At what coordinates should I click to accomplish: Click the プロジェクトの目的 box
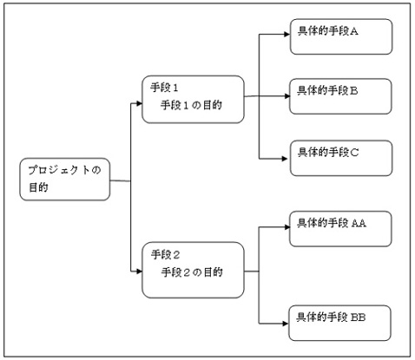click(65, 180)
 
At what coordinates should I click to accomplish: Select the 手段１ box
click(193, 100)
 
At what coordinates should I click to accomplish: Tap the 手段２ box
click(193, 270)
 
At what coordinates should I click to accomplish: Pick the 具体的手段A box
click(341, 36)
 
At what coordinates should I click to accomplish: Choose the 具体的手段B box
click(340, 96)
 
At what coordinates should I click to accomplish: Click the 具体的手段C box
click(341, 158)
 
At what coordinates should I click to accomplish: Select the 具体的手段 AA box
click(340, 229)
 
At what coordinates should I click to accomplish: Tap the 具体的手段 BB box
click(340, 324)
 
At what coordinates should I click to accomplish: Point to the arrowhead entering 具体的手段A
click(287, 35)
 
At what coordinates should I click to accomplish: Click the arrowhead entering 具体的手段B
click(287, 96)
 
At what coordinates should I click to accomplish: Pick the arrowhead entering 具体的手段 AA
click(287, 227)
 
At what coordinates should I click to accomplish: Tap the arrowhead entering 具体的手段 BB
click(286, 324)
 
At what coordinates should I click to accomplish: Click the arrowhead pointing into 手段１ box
click(139, 103)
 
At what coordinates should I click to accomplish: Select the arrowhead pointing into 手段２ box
click(139, 272)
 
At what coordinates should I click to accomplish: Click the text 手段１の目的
click(191, 105)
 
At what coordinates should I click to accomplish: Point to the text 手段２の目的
click(192, 272)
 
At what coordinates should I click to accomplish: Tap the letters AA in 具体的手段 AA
click(359, 223)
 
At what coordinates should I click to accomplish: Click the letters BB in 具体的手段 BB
click(359, 317)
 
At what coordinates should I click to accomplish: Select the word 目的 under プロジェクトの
click(38, 187)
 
